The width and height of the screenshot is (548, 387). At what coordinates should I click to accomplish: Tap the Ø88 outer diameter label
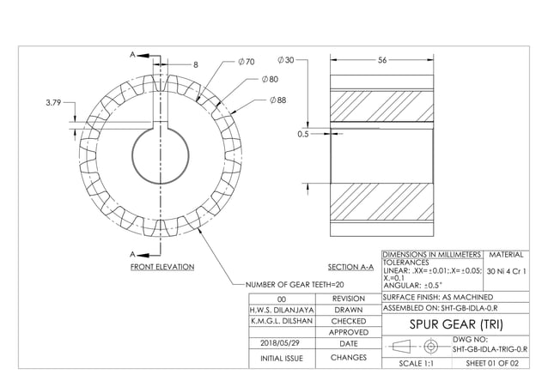[277, 100]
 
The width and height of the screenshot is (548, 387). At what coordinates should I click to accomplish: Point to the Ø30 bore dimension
[285, 60]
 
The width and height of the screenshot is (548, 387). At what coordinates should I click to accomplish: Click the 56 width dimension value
[382, 60]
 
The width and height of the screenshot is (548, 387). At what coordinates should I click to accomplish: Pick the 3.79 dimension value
[52, 102]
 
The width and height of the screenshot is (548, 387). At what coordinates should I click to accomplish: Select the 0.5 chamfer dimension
[302, 134]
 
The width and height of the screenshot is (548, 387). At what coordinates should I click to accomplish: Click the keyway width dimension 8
[195, 64]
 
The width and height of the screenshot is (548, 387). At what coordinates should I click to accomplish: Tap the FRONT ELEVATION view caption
[161, 267]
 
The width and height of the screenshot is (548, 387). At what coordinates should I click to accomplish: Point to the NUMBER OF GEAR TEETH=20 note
[295, 284]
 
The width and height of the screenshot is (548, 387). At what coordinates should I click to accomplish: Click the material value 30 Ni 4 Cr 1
[507, 272]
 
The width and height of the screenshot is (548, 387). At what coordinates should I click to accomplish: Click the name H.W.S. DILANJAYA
[275, 310]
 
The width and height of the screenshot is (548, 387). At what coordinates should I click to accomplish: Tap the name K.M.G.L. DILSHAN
[275, 321]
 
